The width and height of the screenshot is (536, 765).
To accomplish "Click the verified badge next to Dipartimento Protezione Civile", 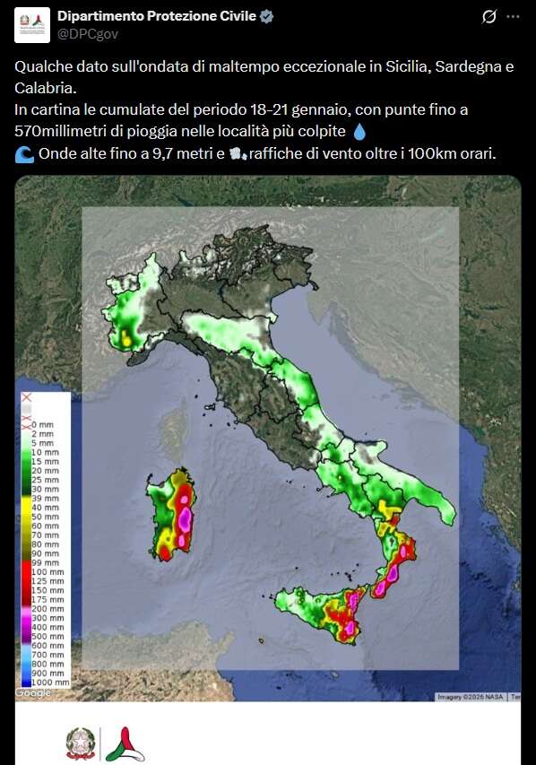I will pos(267,16).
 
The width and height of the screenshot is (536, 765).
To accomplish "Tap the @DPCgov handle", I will pos(87,33).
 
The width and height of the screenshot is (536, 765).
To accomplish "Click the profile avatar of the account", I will pos(31,25).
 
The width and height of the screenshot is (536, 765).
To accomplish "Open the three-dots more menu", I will pos(513,16).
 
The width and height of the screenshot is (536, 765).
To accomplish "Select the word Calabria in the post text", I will pos(45,88).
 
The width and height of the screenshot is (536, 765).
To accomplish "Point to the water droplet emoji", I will pos(359,132).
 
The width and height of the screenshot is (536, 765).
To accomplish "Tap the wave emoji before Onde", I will pos(24,153).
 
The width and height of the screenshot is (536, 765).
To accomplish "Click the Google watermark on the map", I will pos(33,692).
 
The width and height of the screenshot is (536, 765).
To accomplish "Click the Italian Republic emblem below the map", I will pos(79,744).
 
